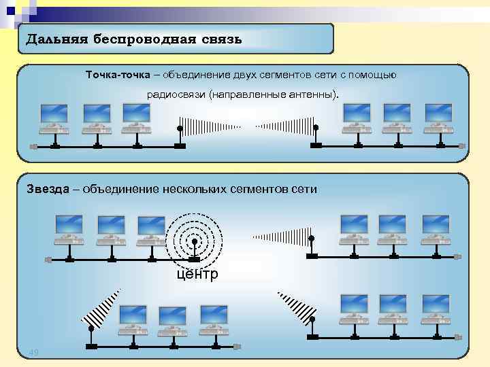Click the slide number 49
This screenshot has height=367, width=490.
coord(34,351)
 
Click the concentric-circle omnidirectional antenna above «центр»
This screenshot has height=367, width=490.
coord(194,241)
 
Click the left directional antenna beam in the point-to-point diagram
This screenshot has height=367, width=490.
coord(211,126)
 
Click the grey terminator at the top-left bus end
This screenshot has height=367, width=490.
coord(33,146)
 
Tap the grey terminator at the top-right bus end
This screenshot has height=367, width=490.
coord(461,146)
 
